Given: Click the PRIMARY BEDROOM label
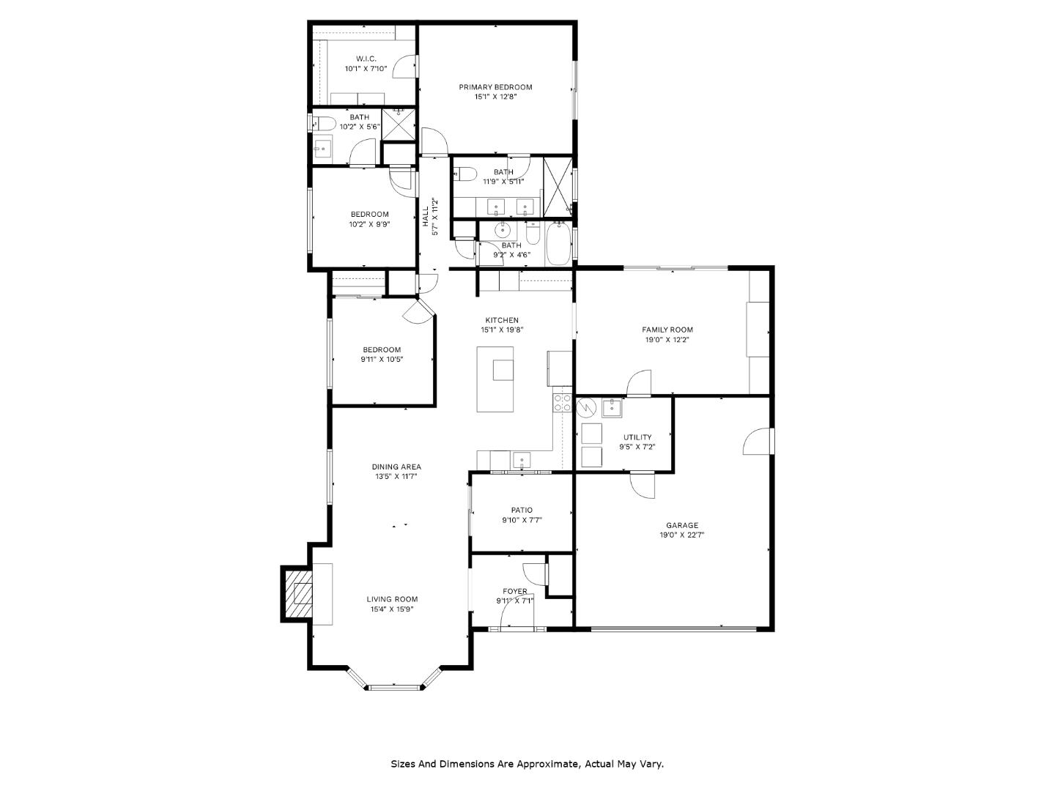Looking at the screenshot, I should coord(495,87).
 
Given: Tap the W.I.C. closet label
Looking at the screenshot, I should coord(366,59).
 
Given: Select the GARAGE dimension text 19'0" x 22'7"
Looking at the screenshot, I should coord(681,535).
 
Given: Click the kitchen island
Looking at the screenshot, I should coord(496,379).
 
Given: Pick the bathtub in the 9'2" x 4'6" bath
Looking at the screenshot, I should coord(558,244).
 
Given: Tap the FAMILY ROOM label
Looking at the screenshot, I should coord(667,330).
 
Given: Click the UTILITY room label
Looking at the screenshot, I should coord(637,437).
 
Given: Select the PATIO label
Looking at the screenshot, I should coord(522,510).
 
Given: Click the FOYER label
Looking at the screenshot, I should coord(514,591).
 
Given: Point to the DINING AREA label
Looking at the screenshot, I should coord(396,467).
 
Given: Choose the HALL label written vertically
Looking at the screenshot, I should coord(425,216).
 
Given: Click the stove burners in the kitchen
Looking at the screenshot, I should coord(562,402).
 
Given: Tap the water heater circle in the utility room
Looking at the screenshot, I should coord(587,407).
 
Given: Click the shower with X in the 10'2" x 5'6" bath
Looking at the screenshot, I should coord(399,125).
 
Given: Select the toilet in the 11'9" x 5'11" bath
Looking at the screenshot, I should coord(467,174).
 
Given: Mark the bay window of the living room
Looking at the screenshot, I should coord(395,686).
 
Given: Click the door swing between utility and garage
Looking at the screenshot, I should coord(643,485).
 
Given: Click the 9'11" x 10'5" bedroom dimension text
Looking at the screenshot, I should coord(382,360).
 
